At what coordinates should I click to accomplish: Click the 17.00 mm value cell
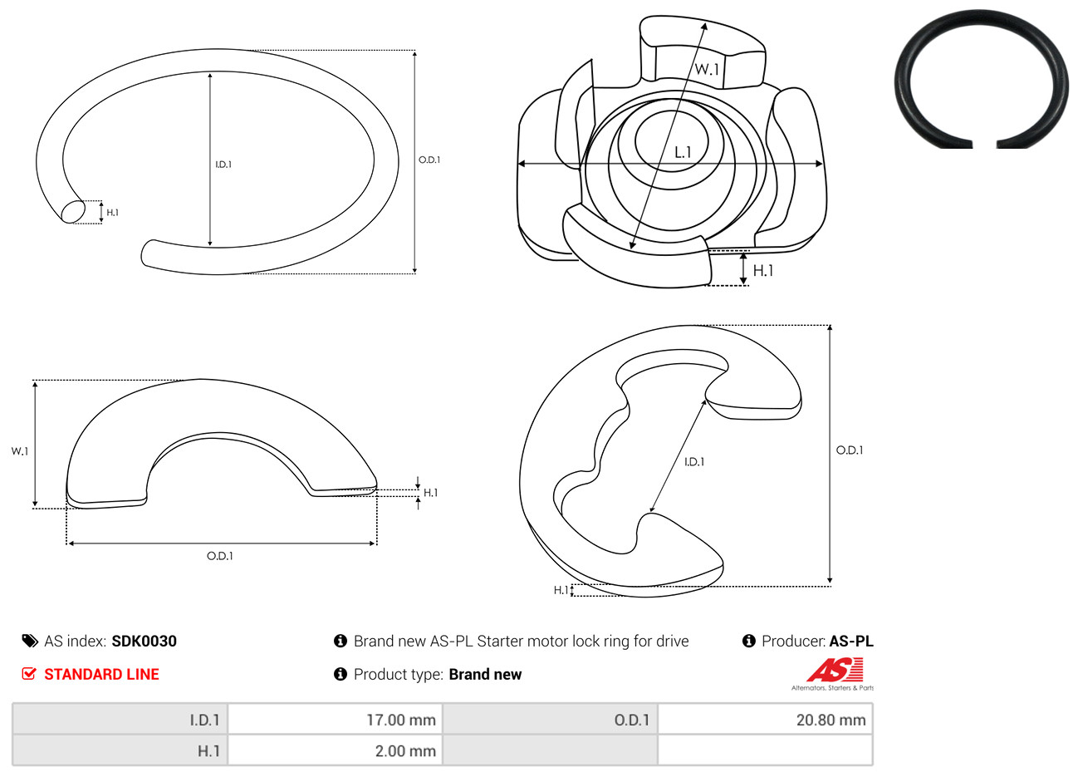[335, 720]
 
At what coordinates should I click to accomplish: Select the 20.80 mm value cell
[765, 720]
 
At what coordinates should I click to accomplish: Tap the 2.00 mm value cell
[335, 750]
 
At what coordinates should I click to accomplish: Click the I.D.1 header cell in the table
[120, 720]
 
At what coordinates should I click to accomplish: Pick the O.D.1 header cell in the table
[550, 720]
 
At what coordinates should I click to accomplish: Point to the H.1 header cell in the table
[120, 750]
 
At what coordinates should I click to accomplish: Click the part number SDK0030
[144, 642]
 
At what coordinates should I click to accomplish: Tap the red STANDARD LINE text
[101, 674]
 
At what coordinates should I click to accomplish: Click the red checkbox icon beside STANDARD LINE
[29, 673]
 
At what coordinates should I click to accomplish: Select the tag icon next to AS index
[30, 642]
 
